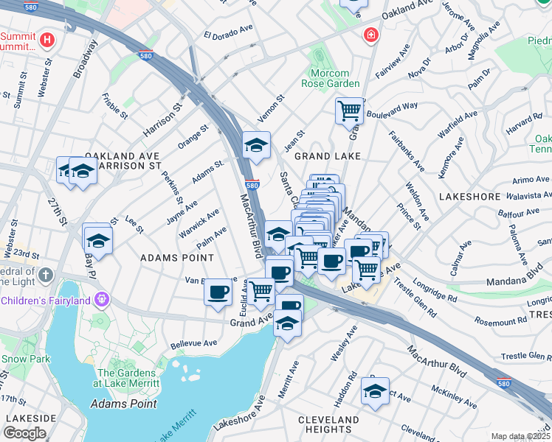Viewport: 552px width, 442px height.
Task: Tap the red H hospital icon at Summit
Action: tap(48, 39)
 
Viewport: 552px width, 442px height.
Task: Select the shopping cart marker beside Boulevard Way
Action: tap(348, 111)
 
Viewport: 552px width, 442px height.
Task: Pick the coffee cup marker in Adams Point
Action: tap(218, 292)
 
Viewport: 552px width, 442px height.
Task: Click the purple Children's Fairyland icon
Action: tap(101, 300)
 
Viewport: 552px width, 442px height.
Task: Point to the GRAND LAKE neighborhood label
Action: tap(327, 156)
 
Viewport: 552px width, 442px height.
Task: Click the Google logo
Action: tap(25, 433)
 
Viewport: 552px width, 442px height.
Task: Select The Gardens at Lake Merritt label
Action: tap(125, 379)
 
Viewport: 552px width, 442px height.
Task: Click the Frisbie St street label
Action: tap(116, 106)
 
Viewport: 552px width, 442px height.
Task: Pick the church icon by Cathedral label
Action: tap(46, 276)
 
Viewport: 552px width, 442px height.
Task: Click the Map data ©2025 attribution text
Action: tap(520, 436)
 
